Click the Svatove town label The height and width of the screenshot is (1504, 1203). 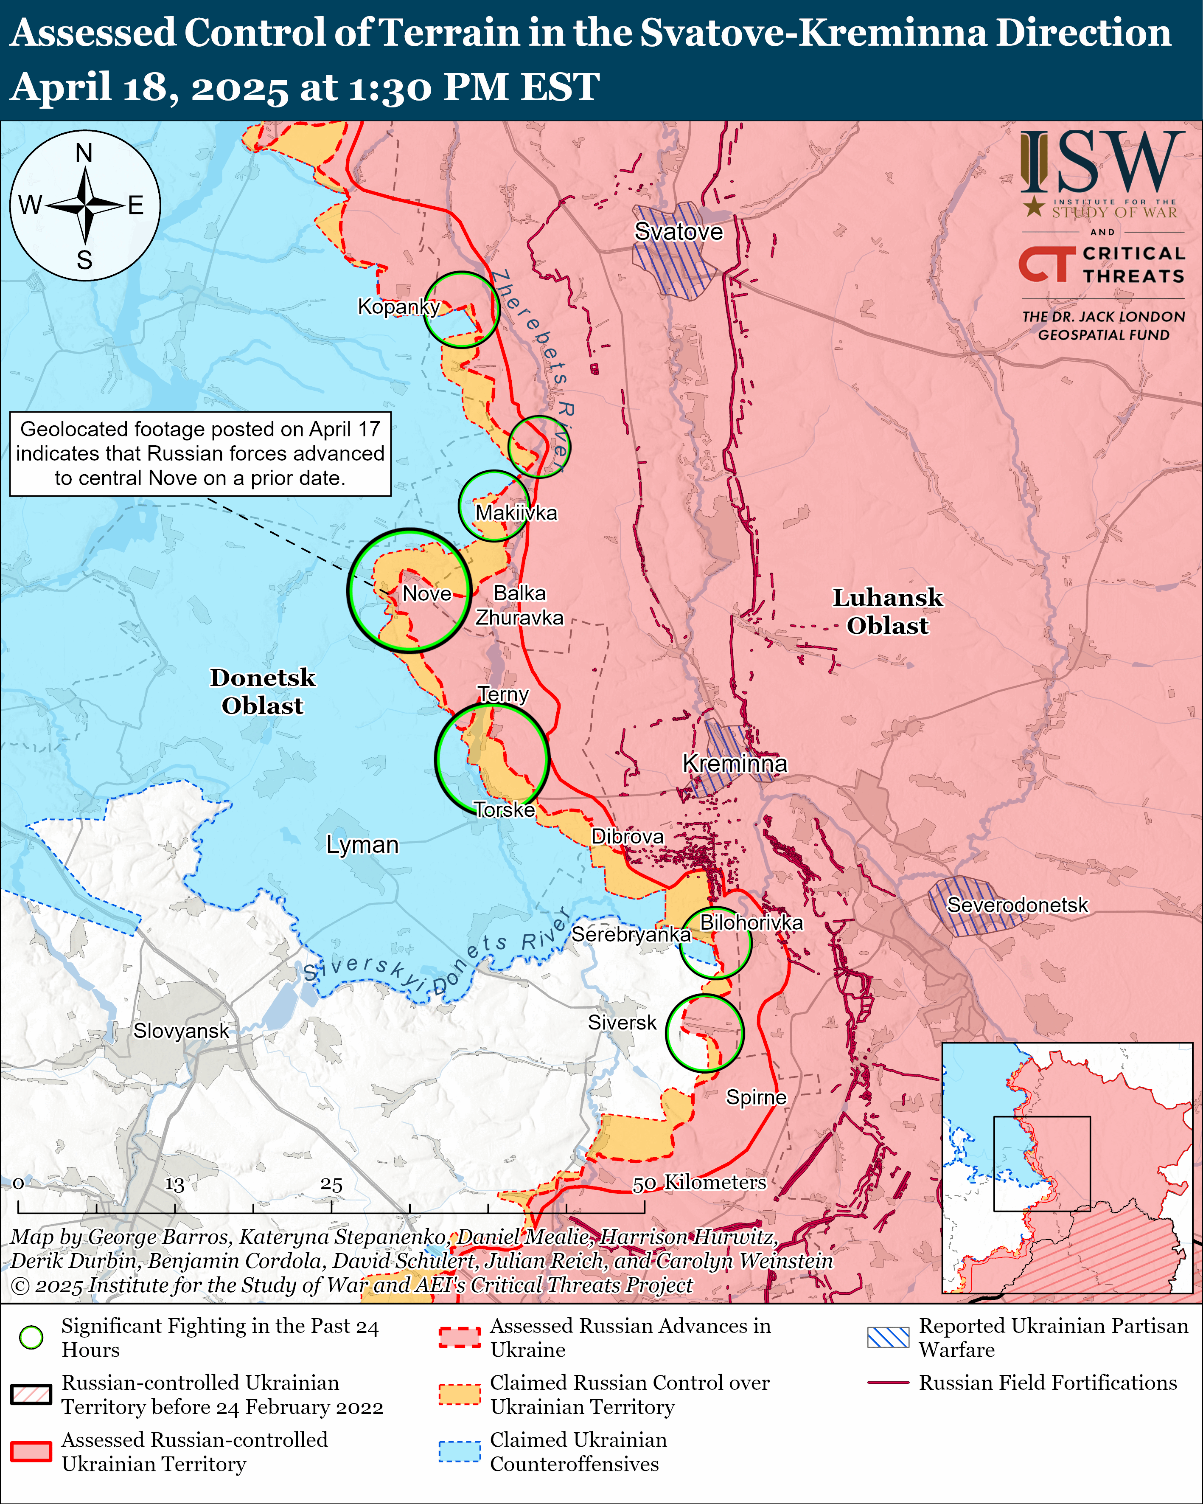pos(678,232)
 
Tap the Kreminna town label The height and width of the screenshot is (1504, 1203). pos(735,763)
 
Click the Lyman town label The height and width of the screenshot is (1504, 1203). pos(362,845)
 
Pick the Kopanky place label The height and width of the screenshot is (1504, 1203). pos(398,306)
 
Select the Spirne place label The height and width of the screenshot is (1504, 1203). pos(756,1097)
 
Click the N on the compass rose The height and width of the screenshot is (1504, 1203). pos(84,153)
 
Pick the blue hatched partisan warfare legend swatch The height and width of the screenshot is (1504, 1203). pos(888,1337)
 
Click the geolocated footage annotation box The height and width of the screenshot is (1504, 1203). pos(200,453)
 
